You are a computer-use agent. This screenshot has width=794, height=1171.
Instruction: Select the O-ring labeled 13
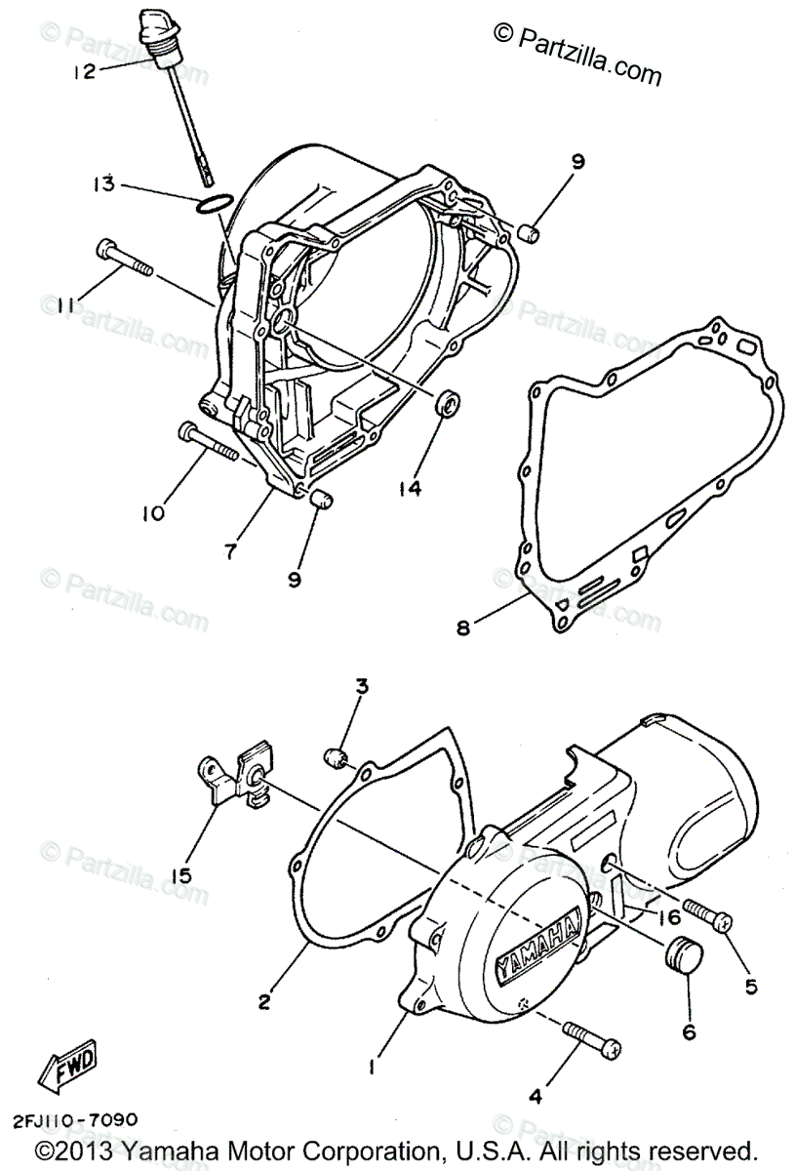pos(214,204)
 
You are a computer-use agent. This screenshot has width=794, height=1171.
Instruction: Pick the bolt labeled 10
pos(208,441)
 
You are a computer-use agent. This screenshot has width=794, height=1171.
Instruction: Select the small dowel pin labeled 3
pos(337,757)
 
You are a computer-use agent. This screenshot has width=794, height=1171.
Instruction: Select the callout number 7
pos(230,552)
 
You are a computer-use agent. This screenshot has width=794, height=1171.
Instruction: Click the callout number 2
pos(262,1001)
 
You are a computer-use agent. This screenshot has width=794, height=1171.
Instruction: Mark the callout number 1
pos(373,1068)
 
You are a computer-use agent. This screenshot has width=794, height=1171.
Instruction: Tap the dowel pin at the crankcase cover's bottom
pos(320,502)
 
